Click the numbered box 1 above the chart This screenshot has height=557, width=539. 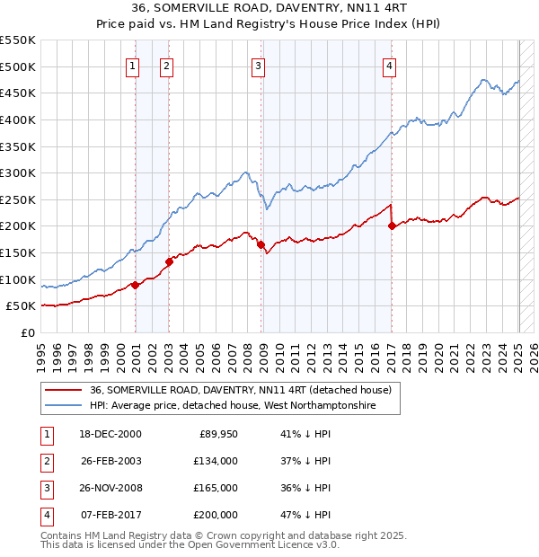(x=132, y=65)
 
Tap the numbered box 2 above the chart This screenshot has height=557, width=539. (x=167, y=65)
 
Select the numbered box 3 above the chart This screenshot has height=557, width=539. (x=258, y=65)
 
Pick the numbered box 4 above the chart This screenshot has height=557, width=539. (x=389, y=65)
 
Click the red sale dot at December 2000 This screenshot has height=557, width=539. (x=135, y=285)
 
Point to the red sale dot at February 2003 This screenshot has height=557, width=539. (x=169, y=261)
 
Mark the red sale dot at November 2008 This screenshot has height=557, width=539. (x=261, y=244)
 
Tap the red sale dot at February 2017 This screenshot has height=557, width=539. (x=392, y=226)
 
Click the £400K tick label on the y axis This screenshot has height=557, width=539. (x=18, y=119)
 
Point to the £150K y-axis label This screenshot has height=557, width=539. (x=18, y=252)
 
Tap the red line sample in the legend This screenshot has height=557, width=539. (x=64, y=391)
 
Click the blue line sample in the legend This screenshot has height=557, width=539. (x=64, y=406)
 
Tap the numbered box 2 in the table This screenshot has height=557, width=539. (x=46, y=461)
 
